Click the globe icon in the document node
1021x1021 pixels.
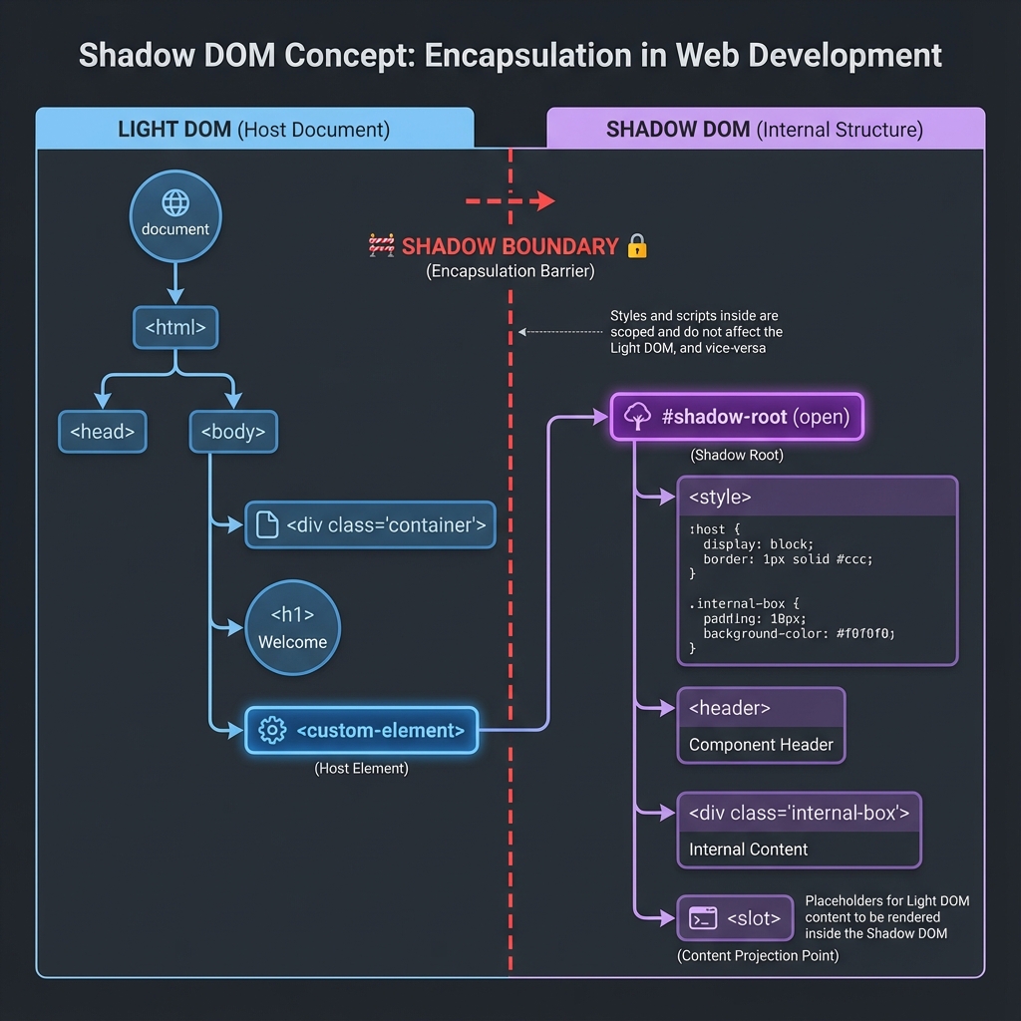(x=175, y=203)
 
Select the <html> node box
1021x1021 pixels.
(x=175, y=326)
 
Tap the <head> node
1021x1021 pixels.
(x=102, y=432)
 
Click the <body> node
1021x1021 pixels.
(x=233, y=432)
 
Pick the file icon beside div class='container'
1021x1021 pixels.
(x=267, y=525)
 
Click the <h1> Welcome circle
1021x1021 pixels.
(x=293, y=629)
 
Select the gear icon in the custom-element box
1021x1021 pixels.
(x=271, y=730)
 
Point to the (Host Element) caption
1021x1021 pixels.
(x=361, y=769)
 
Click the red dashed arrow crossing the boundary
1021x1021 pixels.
(x=510, y=201)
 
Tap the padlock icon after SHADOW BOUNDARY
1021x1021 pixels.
(x=637, y=246)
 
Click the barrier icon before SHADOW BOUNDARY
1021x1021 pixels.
(x=382, y=246)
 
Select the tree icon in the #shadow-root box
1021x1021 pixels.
(x=637, y=417)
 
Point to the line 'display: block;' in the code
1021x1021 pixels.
(x=758, y=544)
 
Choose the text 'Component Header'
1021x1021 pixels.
(x=761, y=745)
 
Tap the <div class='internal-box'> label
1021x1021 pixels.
(x=799, y=813)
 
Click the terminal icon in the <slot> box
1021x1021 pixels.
(x=703, y=917)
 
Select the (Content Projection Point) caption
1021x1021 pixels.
(x=758, y=955)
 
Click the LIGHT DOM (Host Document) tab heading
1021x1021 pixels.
(x=254, y=130)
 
